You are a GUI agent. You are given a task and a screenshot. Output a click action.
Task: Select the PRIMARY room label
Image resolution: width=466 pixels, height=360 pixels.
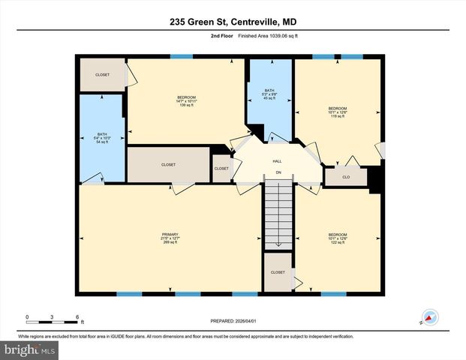(x=170, y=234)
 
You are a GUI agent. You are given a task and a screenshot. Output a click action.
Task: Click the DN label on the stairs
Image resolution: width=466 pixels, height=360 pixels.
(x=277, y=173)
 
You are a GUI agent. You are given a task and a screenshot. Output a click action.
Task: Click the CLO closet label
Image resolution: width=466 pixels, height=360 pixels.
(x=346, y=178)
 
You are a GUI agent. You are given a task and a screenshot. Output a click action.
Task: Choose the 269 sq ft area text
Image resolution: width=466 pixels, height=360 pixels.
(x=170, y=243)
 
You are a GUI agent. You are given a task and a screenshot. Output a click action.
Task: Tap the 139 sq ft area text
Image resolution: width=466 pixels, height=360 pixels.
(x=186, y=106)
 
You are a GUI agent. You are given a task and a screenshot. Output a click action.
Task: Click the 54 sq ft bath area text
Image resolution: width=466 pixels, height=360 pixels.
(x=101, y=142)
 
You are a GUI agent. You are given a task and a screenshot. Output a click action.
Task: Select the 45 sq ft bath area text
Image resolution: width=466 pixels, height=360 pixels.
(x=269, y=97)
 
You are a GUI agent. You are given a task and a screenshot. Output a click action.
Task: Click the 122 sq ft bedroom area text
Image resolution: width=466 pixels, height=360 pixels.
(x=337, y=243)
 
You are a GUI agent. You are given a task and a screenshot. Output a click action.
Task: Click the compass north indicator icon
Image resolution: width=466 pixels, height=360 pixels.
(x=431, y=317)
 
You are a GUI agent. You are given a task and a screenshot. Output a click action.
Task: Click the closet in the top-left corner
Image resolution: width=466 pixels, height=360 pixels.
(x=102, y=75)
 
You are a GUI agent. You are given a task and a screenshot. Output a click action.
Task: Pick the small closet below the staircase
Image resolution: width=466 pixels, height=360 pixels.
(x=278, y=273)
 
